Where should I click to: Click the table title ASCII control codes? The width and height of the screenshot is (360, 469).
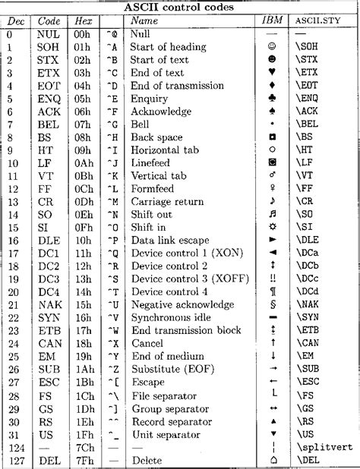tap(179, 7)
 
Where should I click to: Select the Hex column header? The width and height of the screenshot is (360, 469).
tap(84, 20)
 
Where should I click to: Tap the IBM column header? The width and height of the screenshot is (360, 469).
tap(272, 20)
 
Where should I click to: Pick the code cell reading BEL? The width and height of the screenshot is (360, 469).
tap(49, 124)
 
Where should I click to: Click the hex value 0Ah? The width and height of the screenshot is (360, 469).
tap(84, 163)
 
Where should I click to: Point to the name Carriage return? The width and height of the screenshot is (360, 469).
tap(167, 202)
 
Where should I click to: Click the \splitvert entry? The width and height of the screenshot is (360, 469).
tap(323, 447)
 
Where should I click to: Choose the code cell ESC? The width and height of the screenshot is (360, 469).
tap(49, 382)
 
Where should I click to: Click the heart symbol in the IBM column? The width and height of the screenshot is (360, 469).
tap(273, 73)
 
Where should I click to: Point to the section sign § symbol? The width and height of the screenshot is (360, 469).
tap(273, 305)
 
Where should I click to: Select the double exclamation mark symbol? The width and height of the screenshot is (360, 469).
tap(273, 279)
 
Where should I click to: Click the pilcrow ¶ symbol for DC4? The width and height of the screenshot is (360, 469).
tap(273, 292)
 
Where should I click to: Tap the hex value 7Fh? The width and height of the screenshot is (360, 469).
tap(84, 460)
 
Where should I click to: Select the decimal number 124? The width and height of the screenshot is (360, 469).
tap(15, 447)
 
